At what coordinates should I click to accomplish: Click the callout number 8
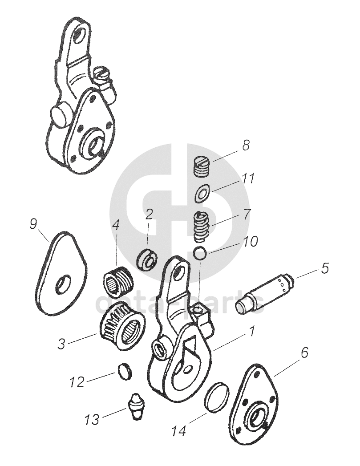click(246, 145)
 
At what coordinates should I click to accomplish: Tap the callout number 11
click(248, 179)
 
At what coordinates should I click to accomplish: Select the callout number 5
click(325, 268)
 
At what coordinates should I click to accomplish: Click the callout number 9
click(33, 224)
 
